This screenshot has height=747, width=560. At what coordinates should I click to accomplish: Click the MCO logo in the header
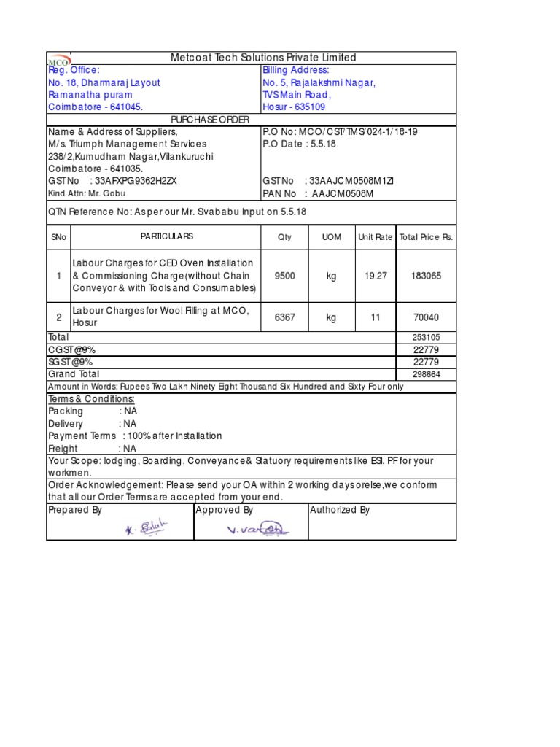pyautogui.click(x=59, y=59)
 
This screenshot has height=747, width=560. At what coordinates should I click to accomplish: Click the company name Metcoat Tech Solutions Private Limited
pyautogui.click(x=263, y=58)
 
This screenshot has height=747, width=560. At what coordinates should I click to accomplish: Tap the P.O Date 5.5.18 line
pyautogui.click(x=299, y=144)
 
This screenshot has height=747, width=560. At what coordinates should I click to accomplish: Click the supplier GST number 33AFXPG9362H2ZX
pyautogui.click(x=113, y=181)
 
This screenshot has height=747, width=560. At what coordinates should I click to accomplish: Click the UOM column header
pyautogui.click(x=331, y=237)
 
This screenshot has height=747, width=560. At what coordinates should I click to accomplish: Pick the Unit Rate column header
pyautogui.click(x=375, y=237)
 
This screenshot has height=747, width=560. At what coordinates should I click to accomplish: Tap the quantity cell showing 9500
pyautogui.click(x=284, y=276)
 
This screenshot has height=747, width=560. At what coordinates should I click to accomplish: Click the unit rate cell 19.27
pyautogui.click(x=375, y=276)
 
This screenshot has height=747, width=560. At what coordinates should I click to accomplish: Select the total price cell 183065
pyautogui.click(x=426, y=276)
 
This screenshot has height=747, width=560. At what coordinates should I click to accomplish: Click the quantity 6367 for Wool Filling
pyautogui.click(x=284, y=317)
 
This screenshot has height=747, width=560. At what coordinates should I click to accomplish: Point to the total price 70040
pyautogui.click(x=426, y=317)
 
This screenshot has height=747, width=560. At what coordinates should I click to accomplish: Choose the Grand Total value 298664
pyautogui.click(x=426, y=373)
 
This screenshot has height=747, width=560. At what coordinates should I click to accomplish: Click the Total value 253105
pyautogui.click(x=426, y=338)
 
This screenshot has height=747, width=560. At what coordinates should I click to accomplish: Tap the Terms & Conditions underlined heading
pyautogui.click(x=91, y=399)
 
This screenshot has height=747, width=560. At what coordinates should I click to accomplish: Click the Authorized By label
pyautogui.click(x=340, y=511)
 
